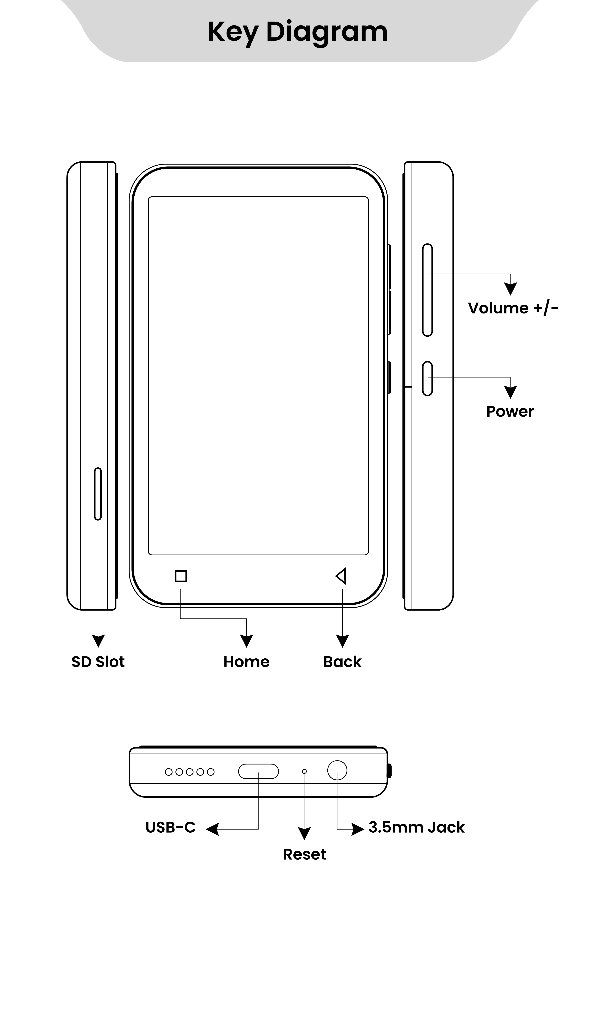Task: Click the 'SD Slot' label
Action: click(x=98, y=661)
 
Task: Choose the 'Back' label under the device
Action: click(x=342, y=661)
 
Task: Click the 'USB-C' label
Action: click(x=171, y=827)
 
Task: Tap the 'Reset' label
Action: click(x=304, y=854)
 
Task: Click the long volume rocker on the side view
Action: click(x=427, y=290)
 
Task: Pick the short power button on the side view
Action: click(x=427, y=378)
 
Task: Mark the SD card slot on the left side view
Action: click(x=98, y=494)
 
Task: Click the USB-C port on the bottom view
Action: click(x=258, y=771)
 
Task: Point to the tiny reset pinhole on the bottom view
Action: click(x=304, y=771)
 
